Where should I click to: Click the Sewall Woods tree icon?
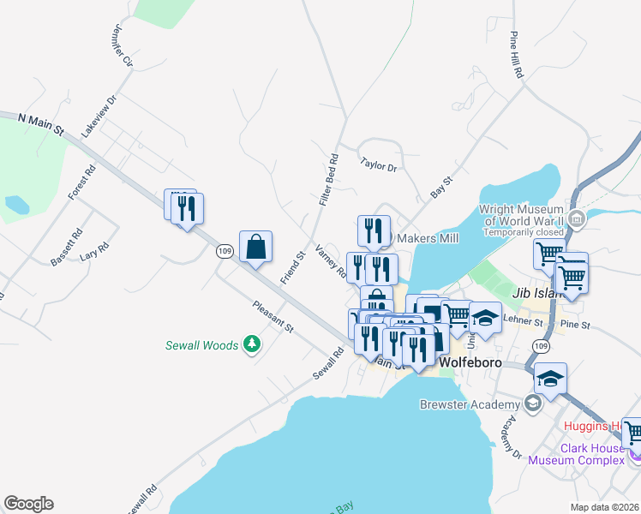[x=252, y=344]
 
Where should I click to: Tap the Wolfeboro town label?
[x=469, y=362]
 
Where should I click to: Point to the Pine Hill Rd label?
[x=516, y=57]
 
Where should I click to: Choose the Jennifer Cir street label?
[x=122, y=45]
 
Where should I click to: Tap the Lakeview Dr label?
[x=99, y=117]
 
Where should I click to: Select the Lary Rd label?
[x=94, y=250]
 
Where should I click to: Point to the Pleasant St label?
[x=273, y=316]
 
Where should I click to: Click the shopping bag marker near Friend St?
[x=255, y=248]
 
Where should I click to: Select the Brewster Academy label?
[x=470, y=404]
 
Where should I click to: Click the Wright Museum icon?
[x=576, y=219]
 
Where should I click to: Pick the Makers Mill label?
[x=426, y=238]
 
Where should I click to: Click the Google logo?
[x=28, y=504]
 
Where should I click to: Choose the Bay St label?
[x=441, y=188]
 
